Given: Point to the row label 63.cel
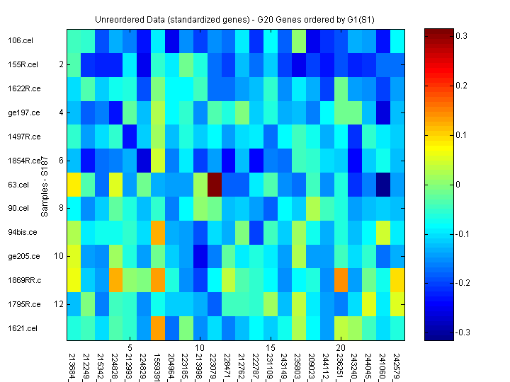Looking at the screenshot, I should pyautogui.click(x=18, y=185).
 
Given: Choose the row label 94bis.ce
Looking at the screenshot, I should pyautogui.click(x=23, y=232).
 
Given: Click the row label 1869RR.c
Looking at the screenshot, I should pyautogui.click(x=24, y=280).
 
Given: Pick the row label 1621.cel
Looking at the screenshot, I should pyautogui.click(x=22, y=328).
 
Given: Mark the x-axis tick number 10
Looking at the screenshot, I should pyautogui.click(x=200, y=348).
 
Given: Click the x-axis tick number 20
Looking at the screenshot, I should pyautogui.click(x=341, y=348).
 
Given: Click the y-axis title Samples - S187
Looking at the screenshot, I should pyautogui.click(x=44, y=185).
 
